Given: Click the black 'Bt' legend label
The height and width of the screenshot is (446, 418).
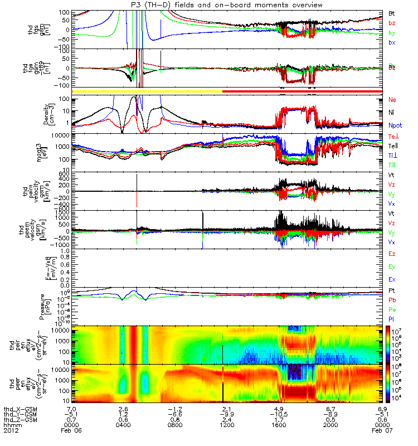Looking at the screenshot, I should click(x=392, y=13).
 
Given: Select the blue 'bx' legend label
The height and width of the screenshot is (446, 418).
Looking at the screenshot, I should click(x=392, y=43).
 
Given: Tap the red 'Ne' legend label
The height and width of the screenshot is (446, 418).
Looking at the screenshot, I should click(x=392, y=100).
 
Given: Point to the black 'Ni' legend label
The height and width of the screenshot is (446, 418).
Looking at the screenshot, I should click(x=392, y=113).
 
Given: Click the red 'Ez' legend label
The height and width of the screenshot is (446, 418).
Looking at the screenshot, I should click(x=392, y=254).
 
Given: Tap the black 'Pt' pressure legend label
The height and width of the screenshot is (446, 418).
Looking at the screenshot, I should click(x=392, y=291).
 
